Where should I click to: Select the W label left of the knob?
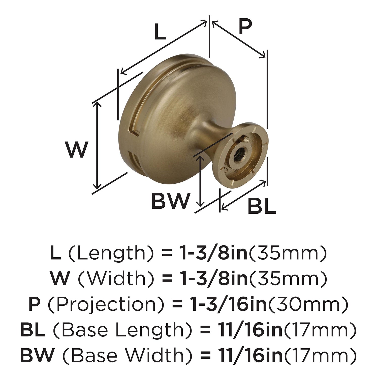pyautogui.click(x=76, y=149)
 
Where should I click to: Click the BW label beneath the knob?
pyautogui.click(x=170, y=201)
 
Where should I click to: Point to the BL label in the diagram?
pyautogui.click(x=262, y=206)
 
